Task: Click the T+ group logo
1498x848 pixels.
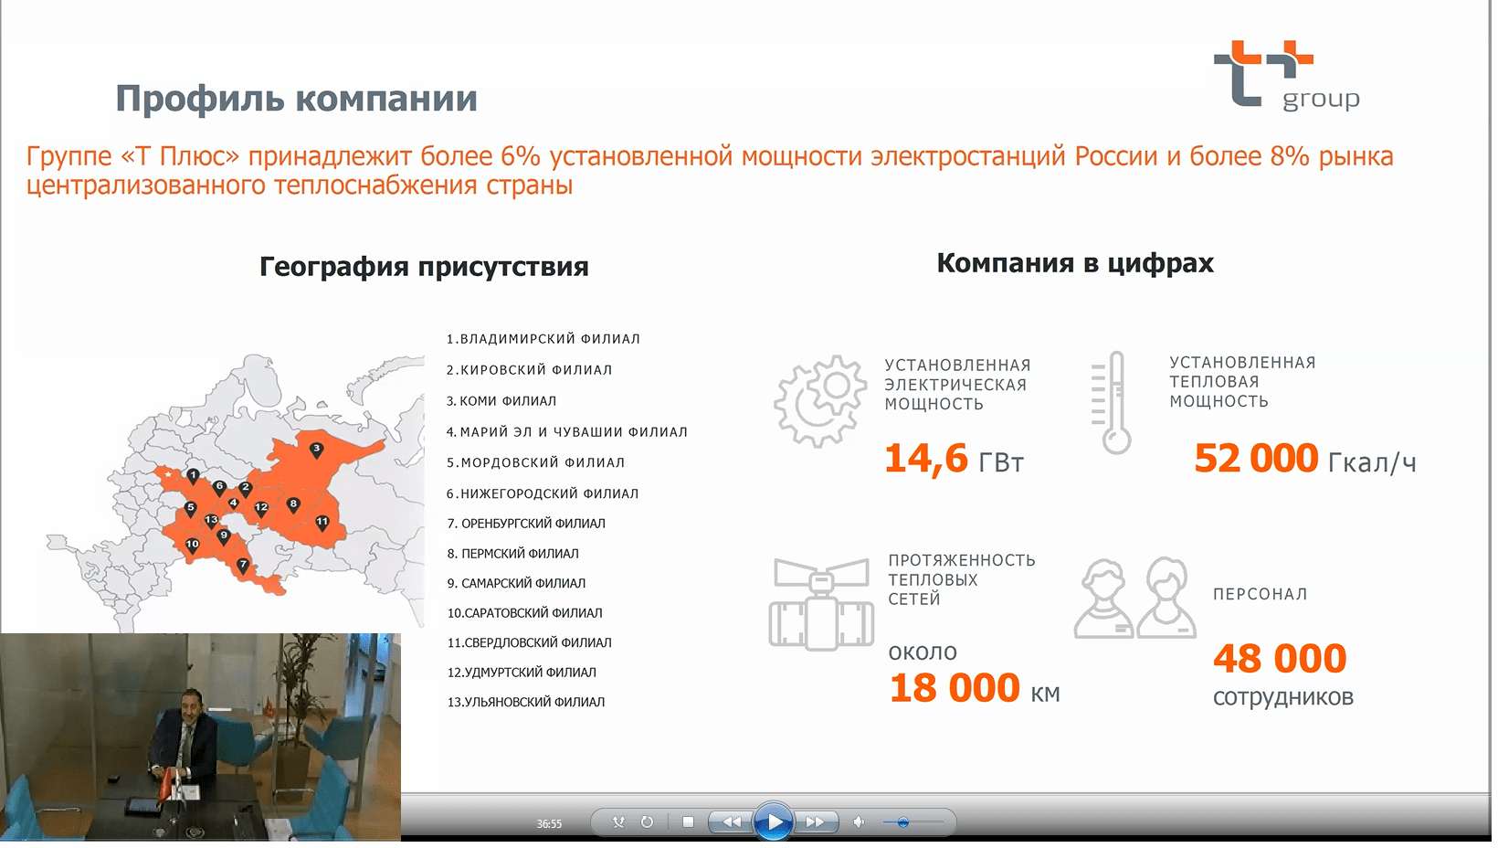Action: click(x=1286, y=75)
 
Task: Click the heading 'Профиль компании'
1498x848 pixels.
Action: click(x=296, y=99)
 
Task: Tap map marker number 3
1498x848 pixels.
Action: click(x=317, y=450)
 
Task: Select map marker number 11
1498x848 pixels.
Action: click(x=322, y=523)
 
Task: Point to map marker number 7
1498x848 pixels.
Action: click(x=243, y=566)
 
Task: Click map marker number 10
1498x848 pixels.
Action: click(x=192, y=545)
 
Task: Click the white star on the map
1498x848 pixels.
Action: click(x=168, y=474)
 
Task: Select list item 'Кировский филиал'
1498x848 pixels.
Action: click(x=529, y=370)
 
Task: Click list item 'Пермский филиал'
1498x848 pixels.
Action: click(x=513, y=554)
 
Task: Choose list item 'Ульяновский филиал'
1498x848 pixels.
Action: click(x=525, y=702)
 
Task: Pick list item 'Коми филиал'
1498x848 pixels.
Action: click(x=501, y=401)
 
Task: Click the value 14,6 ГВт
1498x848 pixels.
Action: click(x=954, y=460)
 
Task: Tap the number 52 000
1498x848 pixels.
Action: click(x=1256, y=459)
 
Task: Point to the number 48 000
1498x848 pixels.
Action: click(x=1280, y=659)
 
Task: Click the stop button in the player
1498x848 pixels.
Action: click(x=688, y=821)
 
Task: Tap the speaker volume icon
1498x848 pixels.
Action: click(x=859, y=821)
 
